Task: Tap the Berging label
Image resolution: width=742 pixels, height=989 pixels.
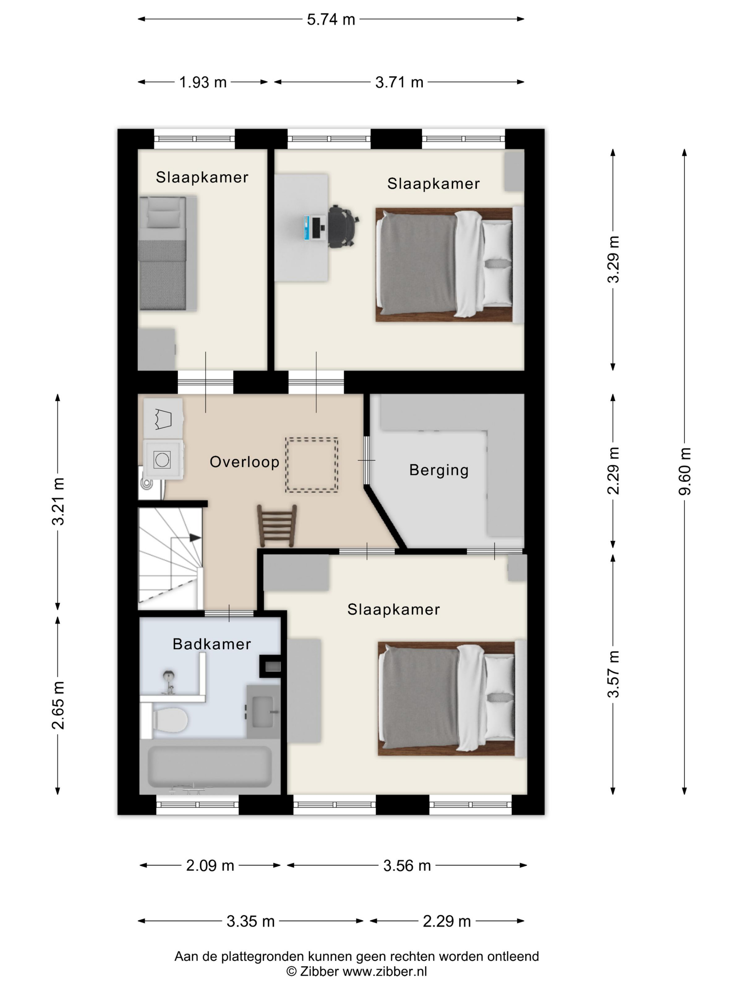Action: pyautogui.click(x=439, y=470)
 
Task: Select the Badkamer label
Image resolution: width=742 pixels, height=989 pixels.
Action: pyautogui.click(x=212, y=644)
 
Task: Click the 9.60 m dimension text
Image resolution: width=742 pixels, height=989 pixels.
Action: pyautogui.click(x=684, y=471)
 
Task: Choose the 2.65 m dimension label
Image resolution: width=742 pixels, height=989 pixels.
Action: pyautogui.click(x=58, y=705)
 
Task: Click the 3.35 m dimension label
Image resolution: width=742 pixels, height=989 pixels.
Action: pyautogui.click(x=251, y=921)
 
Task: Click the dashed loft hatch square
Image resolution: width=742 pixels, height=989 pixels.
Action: pyautogui.click(x=312, y=465)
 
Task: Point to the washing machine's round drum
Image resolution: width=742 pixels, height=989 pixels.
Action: pyautogui.click(x=162, y=459)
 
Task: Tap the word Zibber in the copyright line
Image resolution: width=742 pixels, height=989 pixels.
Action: pyautogui.click(x=319, y=971)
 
